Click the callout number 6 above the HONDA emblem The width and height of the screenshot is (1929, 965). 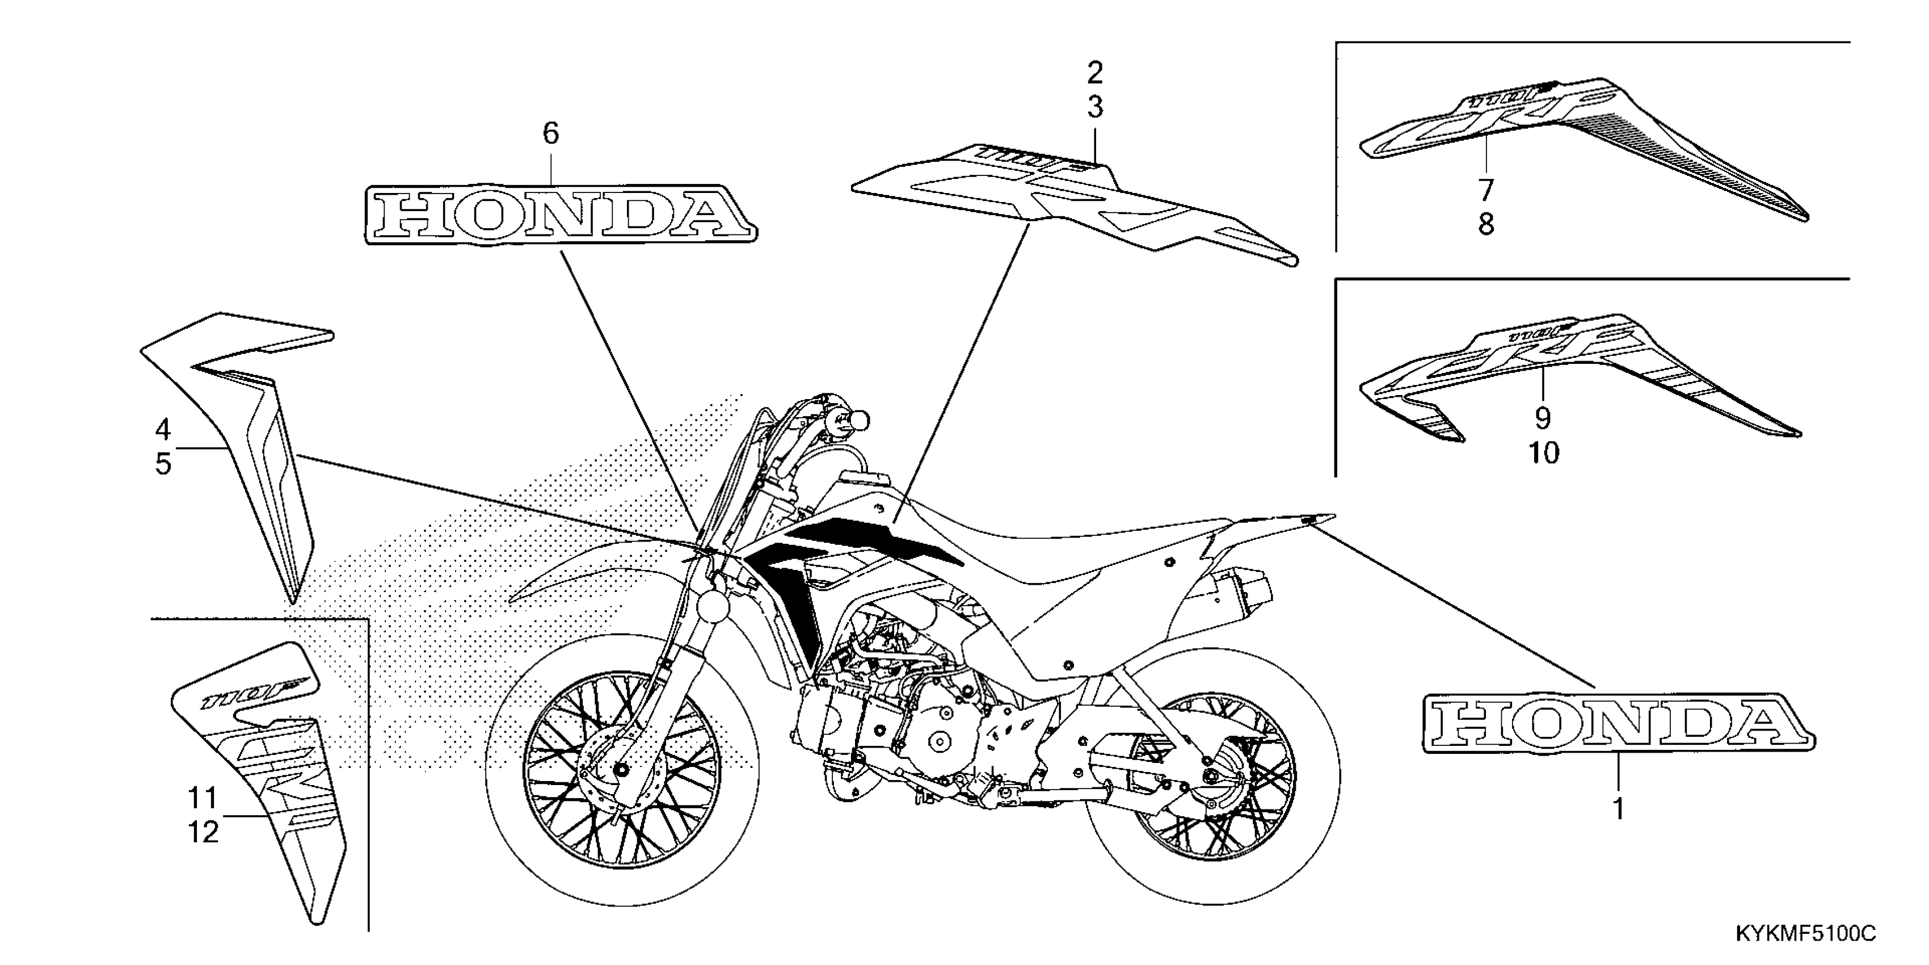click(550, 134)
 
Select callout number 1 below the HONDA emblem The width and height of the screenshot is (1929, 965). click(1618, 808)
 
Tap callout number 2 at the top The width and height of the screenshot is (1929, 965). click(1095, 73)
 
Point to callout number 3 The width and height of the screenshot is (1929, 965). click(1095, 108)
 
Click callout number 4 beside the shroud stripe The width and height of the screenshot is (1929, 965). click(162, 429)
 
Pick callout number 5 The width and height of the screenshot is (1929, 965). click(162, 464)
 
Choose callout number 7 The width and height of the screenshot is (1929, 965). click(1486, 190)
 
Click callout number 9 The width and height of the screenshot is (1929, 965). click(1543, 418)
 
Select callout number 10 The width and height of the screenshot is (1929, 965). click(1543, 452)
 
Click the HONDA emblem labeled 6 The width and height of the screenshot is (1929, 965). click(560, 214)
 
